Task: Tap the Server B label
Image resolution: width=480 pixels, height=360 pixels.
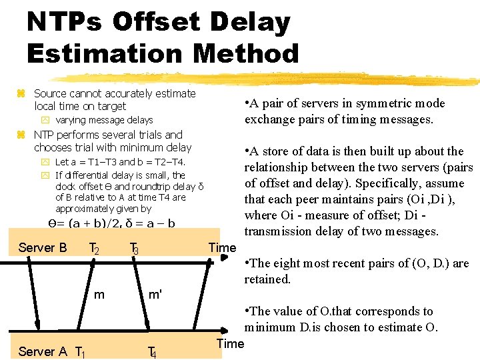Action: click(x=43, y=248)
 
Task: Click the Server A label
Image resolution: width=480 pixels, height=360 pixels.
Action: click(x=43, y=351)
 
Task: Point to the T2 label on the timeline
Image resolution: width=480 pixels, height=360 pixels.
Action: click(x=94, y=249)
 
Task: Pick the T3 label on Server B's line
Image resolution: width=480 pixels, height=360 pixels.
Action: click(x=134, y=249)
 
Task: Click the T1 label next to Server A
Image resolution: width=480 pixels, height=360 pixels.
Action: click(x=79, y=352)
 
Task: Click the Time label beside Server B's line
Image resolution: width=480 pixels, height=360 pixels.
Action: click(x=222, y=248)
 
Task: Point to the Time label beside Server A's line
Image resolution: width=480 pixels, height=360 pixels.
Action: click(x=231, y=344)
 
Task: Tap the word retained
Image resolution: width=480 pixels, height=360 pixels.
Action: click(x=267, y=279)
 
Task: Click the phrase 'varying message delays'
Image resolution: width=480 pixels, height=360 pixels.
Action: click(x=104, y=121)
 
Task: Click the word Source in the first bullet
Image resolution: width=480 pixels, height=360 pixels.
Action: click(x=51, y=94)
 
